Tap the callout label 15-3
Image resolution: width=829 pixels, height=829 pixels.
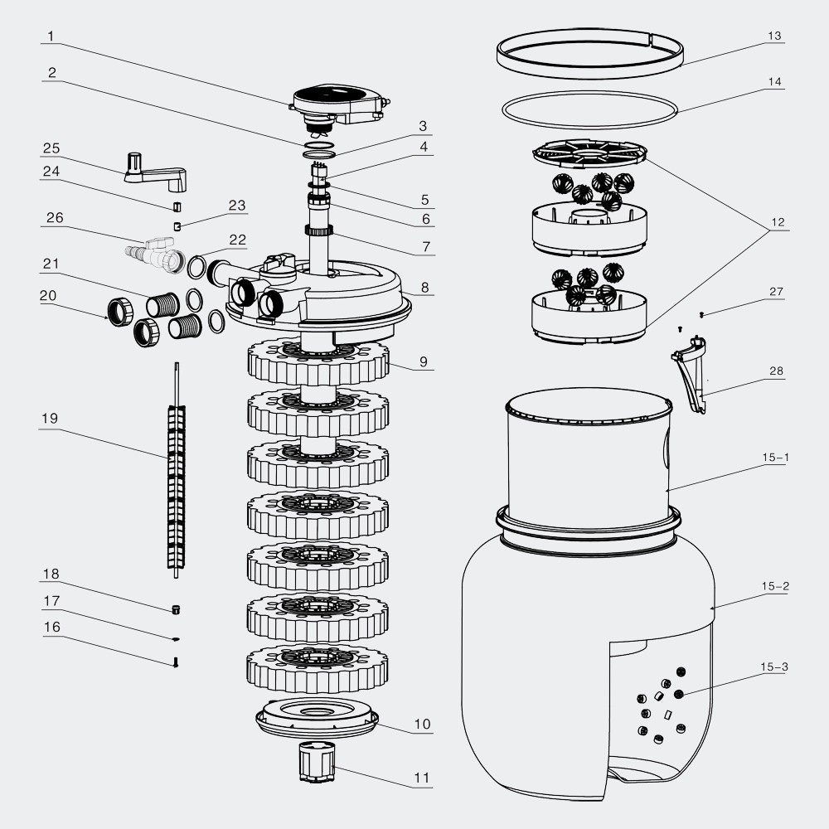tap(774, 667)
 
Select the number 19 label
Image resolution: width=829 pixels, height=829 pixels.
tap(51, 419)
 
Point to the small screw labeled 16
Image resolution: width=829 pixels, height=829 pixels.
tap(176, 662)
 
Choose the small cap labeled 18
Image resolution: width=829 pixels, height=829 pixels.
tap(176, 610)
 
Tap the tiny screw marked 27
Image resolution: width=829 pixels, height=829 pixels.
tap(701, 315)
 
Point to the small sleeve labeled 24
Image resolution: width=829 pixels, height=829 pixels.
tap(176, 206)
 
